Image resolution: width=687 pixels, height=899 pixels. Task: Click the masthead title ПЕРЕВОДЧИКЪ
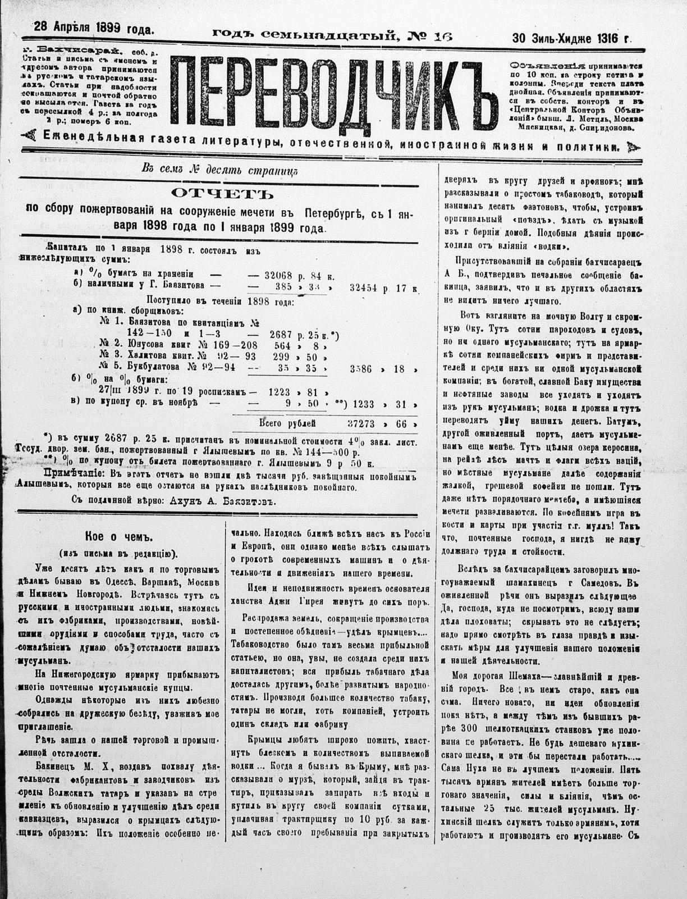click(x=335, y=93)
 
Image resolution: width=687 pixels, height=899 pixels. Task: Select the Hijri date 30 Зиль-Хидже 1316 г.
click(x=571, y=39)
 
